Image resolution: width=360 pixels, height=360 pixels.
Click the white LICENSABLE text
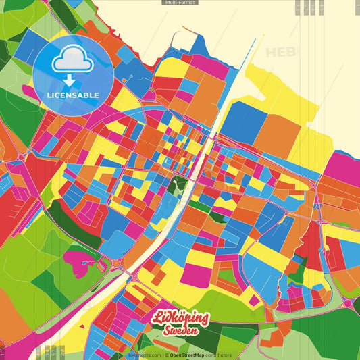point(74,95)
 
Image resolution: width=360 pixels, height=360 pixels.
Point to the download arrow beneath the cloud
point(70,80)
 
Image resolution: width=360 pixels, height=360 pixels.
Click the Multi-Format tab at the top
point(180,3)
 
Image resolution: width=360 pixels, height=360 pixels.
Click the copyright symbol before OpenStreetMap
point(166,355)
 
